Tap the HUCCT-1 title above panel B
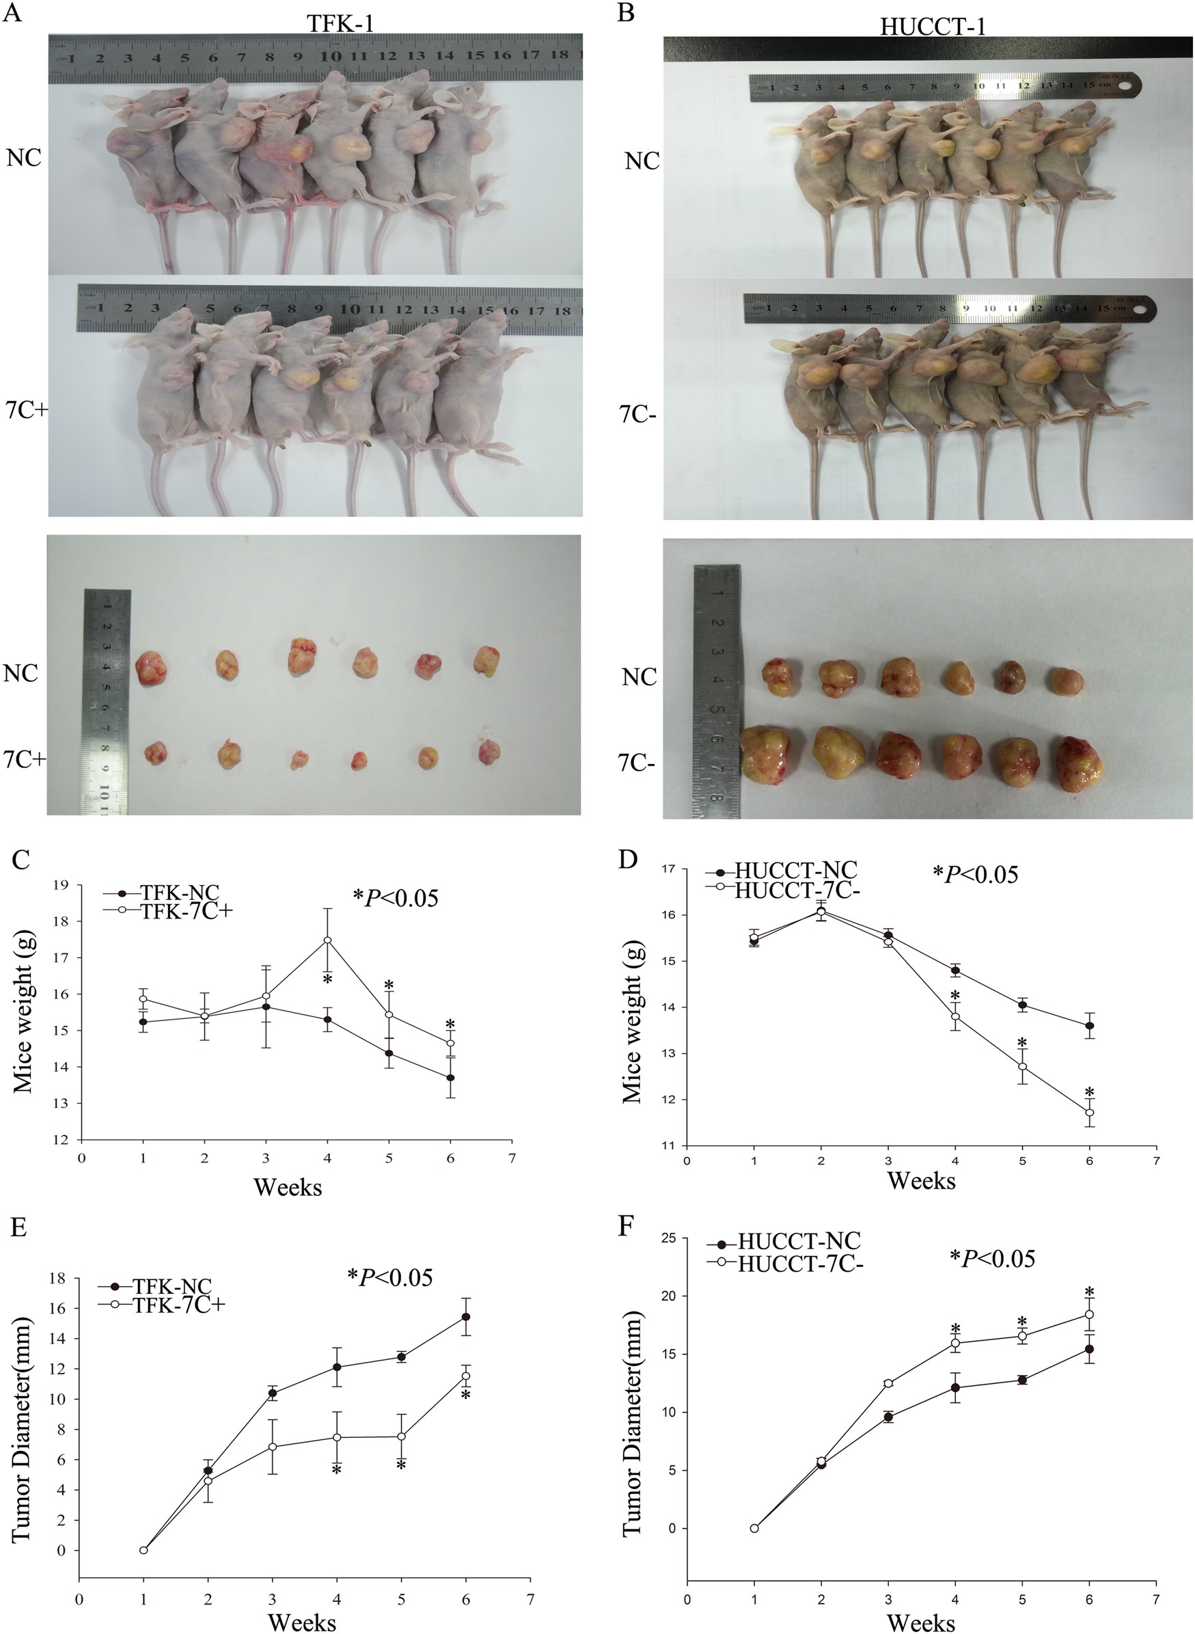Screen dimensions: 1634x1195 (x=933, y=27)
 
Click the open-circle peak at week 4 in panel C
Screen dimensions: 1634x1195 (x=328, y=940)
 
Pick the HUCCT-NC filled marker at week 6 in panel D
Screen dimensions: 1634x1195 (x=1089, y=1026)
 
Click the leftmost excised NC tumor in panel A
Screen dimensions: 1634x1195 (x=152, y=667)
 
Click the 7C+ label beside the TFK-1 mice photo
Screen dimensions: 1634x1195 (x=24, y=409)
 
